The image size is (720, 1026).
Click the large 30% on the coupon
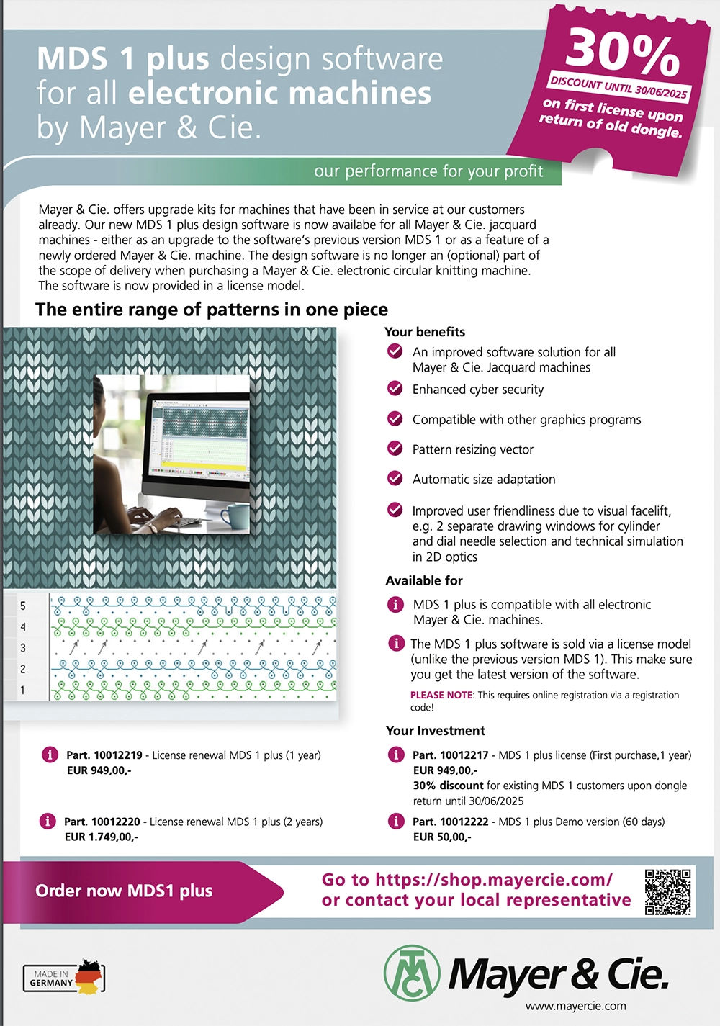click(x=623, y=53)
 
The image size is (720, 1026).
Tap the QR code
click(x=667, y=891)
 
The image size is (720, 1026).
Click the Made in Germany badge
click(x=64, y=977)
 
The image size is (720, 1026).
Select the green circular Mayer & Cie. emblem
click(x=412, y=973)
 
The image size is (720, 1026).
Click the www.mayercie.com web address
click(x=575, y=1006)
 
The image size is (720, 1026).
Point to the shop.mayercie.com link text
click(x=494, y=880)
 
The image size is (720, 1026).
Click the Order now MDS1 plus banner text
click(x=124, y=891)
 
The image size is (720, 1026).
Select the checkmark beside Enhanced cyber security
click(x=395, y=389)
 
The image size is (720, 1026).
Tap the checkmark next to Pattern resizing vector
click(x=395, y=449)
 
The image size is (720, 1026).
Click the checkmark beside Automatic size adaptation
click(x=395, y=478)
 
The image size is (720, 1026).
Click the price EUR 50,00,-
click(x=441, y=837)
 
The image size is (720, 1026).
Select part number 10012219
click(x=118, y=755)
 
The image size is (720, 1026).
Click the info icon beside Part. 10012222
click(x=396, y=821)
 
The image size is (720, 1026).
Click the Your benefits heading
click(x=425, y=332)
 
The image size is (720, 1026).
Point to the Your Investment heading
click(x=435, y=731)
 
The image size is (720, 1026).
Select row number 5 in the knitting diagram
click(x=23, y=606)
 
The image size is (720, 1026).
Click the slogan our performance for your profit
click(x=428, y=171)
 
